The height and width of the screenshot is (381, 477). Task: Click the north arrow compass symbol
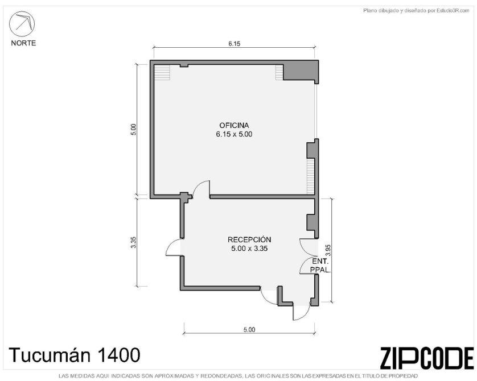tap(22, 24)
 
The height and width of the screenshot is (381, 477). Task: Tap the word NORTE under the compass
tap(23, 43)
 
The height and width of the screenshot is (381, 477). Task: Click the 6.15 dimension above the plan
tap(235, 44)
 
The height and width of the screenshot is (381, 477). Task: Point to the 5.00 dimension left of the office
tap(134, 130)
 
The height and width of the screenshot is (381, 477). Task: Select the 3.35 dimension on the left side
tap(134, 242)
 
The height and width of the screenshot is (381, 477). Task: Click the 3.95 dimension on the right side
tap(328, 250)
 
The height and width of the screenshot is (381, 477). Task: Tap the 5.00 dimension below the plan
tap(249, 330)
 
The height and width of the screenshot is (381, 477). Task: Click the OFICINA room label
tap(235, 125)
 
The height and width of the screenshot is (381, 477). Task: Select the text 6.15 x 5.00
tap(235, 134)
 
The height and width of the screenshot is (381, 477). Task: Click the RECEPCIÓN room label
tap(249, 239)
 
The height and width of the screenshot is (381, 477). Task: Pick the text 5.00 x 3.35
tap(249, 249)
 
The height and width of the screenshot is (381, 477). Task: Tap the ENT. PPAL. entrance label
tap(320, 265)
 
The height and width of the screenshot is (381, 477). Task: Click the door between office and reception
tap(201, 189)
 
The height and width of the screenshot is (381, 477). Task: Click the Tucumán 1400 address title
tap(75, 355)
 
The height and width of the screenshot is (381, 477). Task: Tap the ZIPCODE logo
tap(427, 358)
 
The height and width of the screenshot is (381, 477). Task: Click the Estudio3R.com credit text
tap(417, 11)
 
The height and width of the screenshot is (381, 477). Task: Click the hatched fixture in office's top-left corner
tap(162, 72)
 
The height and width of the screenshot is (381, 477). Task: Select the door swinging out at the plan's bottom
tap(301, 312)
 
